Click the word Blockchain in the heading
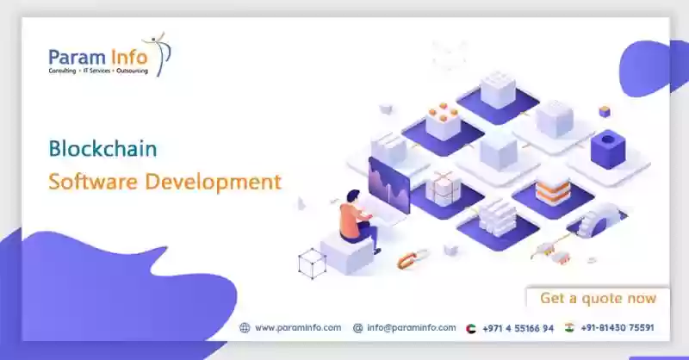(x=102, y=149)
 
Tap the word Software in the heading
(x=93, y=181)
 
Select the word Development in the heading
(x=213, y=183)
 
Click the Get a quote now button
(x=598, y=298)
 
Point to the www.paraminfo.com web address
(x=298, y=327)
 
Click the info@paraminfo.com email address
(x=412, y=327)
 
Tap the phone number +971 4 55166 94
(x=518, y=328)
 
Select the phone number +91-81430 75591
(x=617, y=327)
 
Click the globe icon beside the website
(x=245, y=327)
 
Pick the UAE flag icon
(x=470, y=328)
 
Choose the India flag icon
(x=569, y=327)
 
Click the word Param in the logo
(x=78, y=58)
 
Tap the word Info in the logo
(x=128, y=58)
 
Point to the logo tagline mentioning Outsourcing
(x=98, y=71)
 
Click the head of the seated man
(x=353, y=196)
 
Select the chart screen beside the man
(x=389, y=184)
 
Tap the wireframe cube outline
(x=312, y=264)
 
